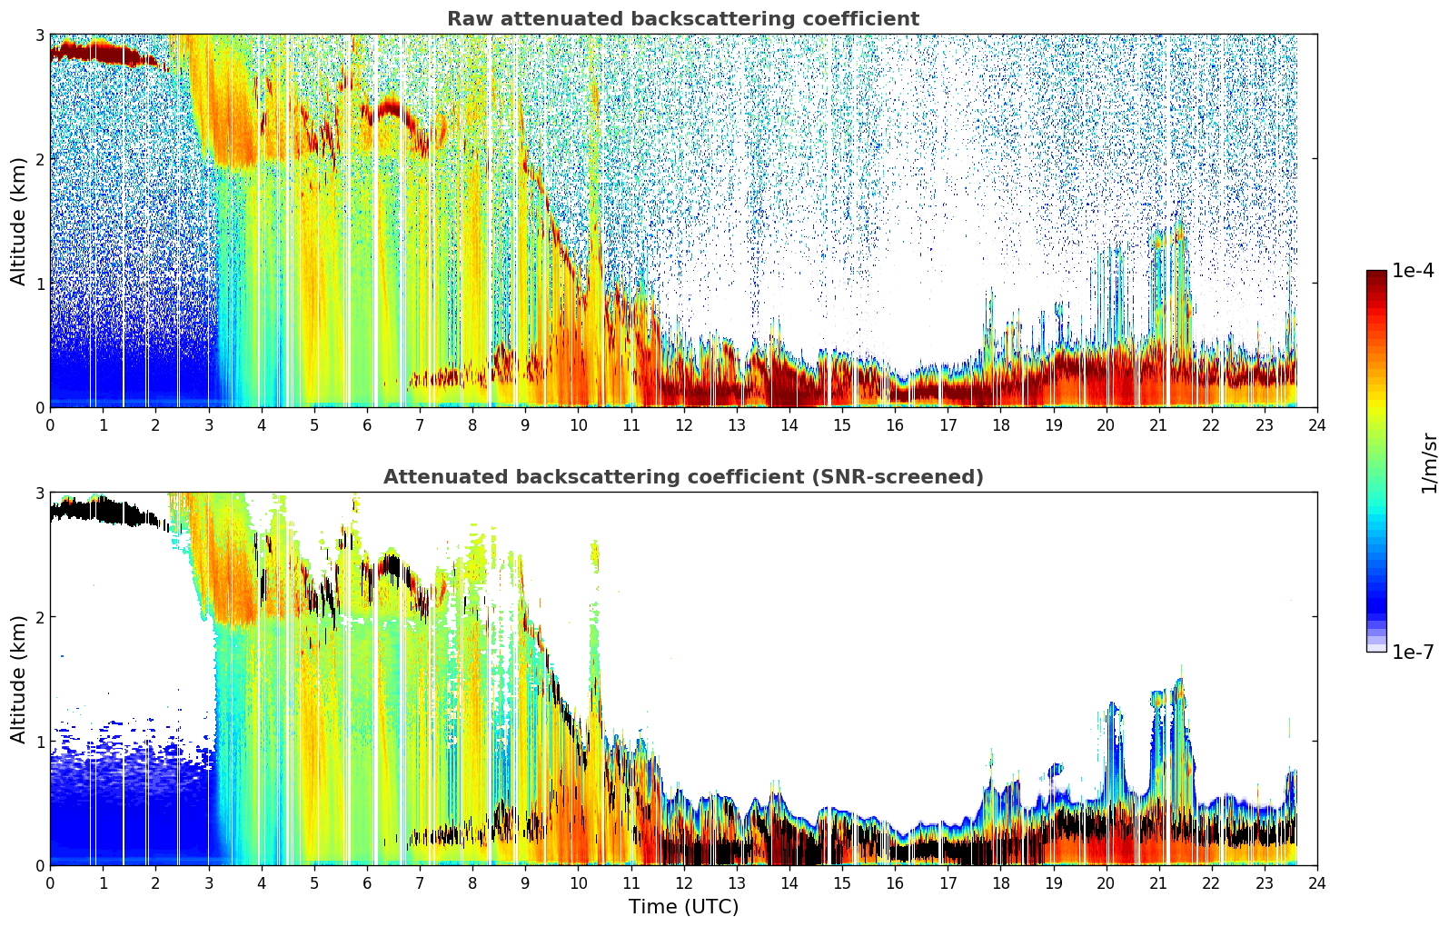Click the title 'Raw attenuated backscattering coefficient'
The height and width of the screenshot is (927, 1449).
point(683,19)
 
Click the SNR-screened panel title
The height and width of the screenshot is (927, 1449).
point(683,477)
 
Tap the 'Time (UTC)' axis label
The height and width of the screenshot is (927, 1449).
point(683,907)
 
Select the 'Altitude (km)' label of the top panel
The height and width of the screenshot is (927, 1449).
point(18,221)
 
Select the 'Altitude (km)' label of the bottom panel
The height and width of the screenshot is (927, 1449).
point(18,679)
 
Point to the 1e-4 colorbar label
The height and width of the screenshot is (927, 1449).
point(1413,270)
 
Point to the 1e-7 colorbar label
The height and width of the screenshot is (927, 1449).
point(1413,652)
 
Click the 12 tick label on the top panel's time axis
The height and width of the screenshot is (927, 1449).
point(684,425)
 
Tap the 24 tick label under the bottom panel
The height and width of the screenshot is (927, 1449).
point(1317,883)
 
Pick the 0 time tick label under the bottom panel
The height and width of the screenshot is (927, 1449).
point(51,883)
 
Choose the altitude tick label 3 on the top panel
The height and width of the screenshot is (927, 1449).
point(39,35)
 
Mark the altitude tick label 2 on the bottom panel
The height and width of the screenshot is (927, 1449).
point(39,617)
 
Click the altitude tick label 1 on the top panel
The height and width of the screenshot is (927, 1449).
point(39,284)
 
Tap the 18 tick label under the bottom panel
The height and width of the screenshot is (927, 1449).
point(1001,883)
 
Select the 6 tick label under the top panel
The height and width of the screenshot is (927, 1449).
point(367,425)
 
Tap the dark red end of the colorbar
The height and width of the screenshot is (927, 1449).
point(1376,274)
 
